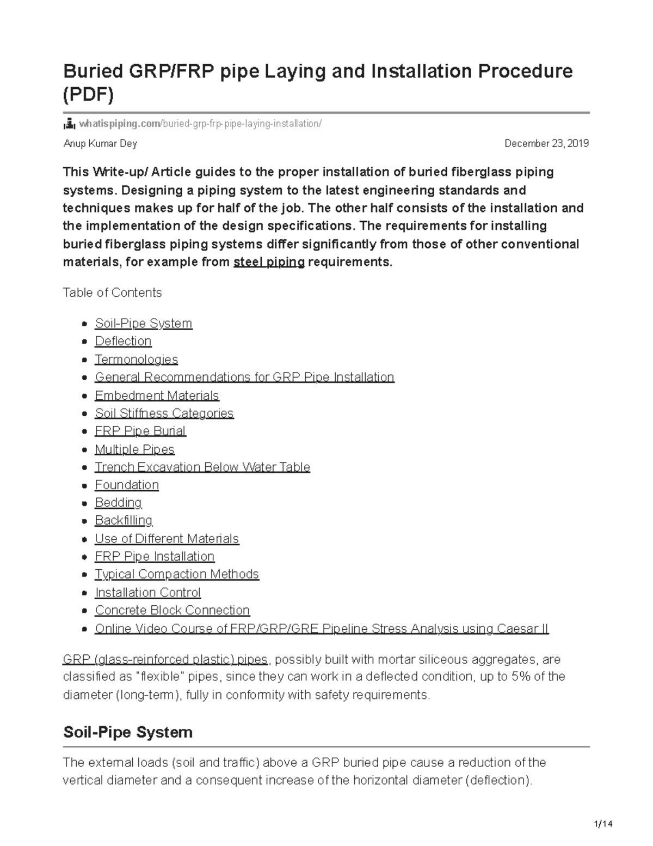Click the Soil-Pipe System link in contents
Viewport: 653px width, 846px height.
point(143,324)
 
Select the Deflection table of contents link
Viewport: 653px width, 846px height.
point(123,342)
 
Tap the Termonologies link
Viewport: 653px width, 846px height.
point(136,360)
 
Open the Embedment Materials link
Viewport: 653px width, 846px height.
point(157,395)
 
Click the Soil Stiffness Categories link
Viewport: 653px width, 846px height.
point(164,413)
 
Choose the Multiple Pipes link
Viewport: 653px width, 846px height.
point(134,449)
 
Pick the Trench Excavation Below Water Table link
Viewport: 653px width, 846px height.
point(202,467)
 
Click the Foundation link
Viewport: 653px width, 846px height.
point(127,485)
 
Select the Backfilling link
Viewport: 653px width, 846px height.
point(124,521)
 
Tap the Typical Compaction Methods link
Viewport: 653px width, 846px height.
point(177,575)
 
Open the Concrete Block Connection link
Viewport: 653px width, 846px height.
point(172,611)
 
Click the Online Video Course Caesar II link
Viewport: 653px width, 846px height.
point(322,629)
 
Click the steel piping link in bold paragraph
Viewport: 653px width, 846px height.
point(269,262)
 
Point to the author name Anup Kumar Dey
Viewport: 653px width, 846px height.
point(100,144)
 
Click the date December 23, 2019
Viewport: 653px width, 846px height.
point(546,144)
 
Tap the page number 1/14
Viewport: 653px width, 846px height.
point(603,824)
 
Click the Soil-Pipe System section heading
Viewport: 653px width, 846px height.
point(128,732)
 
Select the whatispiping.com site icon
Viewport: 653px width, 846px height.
point(69,124)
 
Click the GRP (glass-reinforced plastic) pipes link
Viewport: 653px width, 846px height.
point(165,660)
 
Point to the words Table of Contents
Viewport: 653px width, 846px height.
point(112,293)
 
